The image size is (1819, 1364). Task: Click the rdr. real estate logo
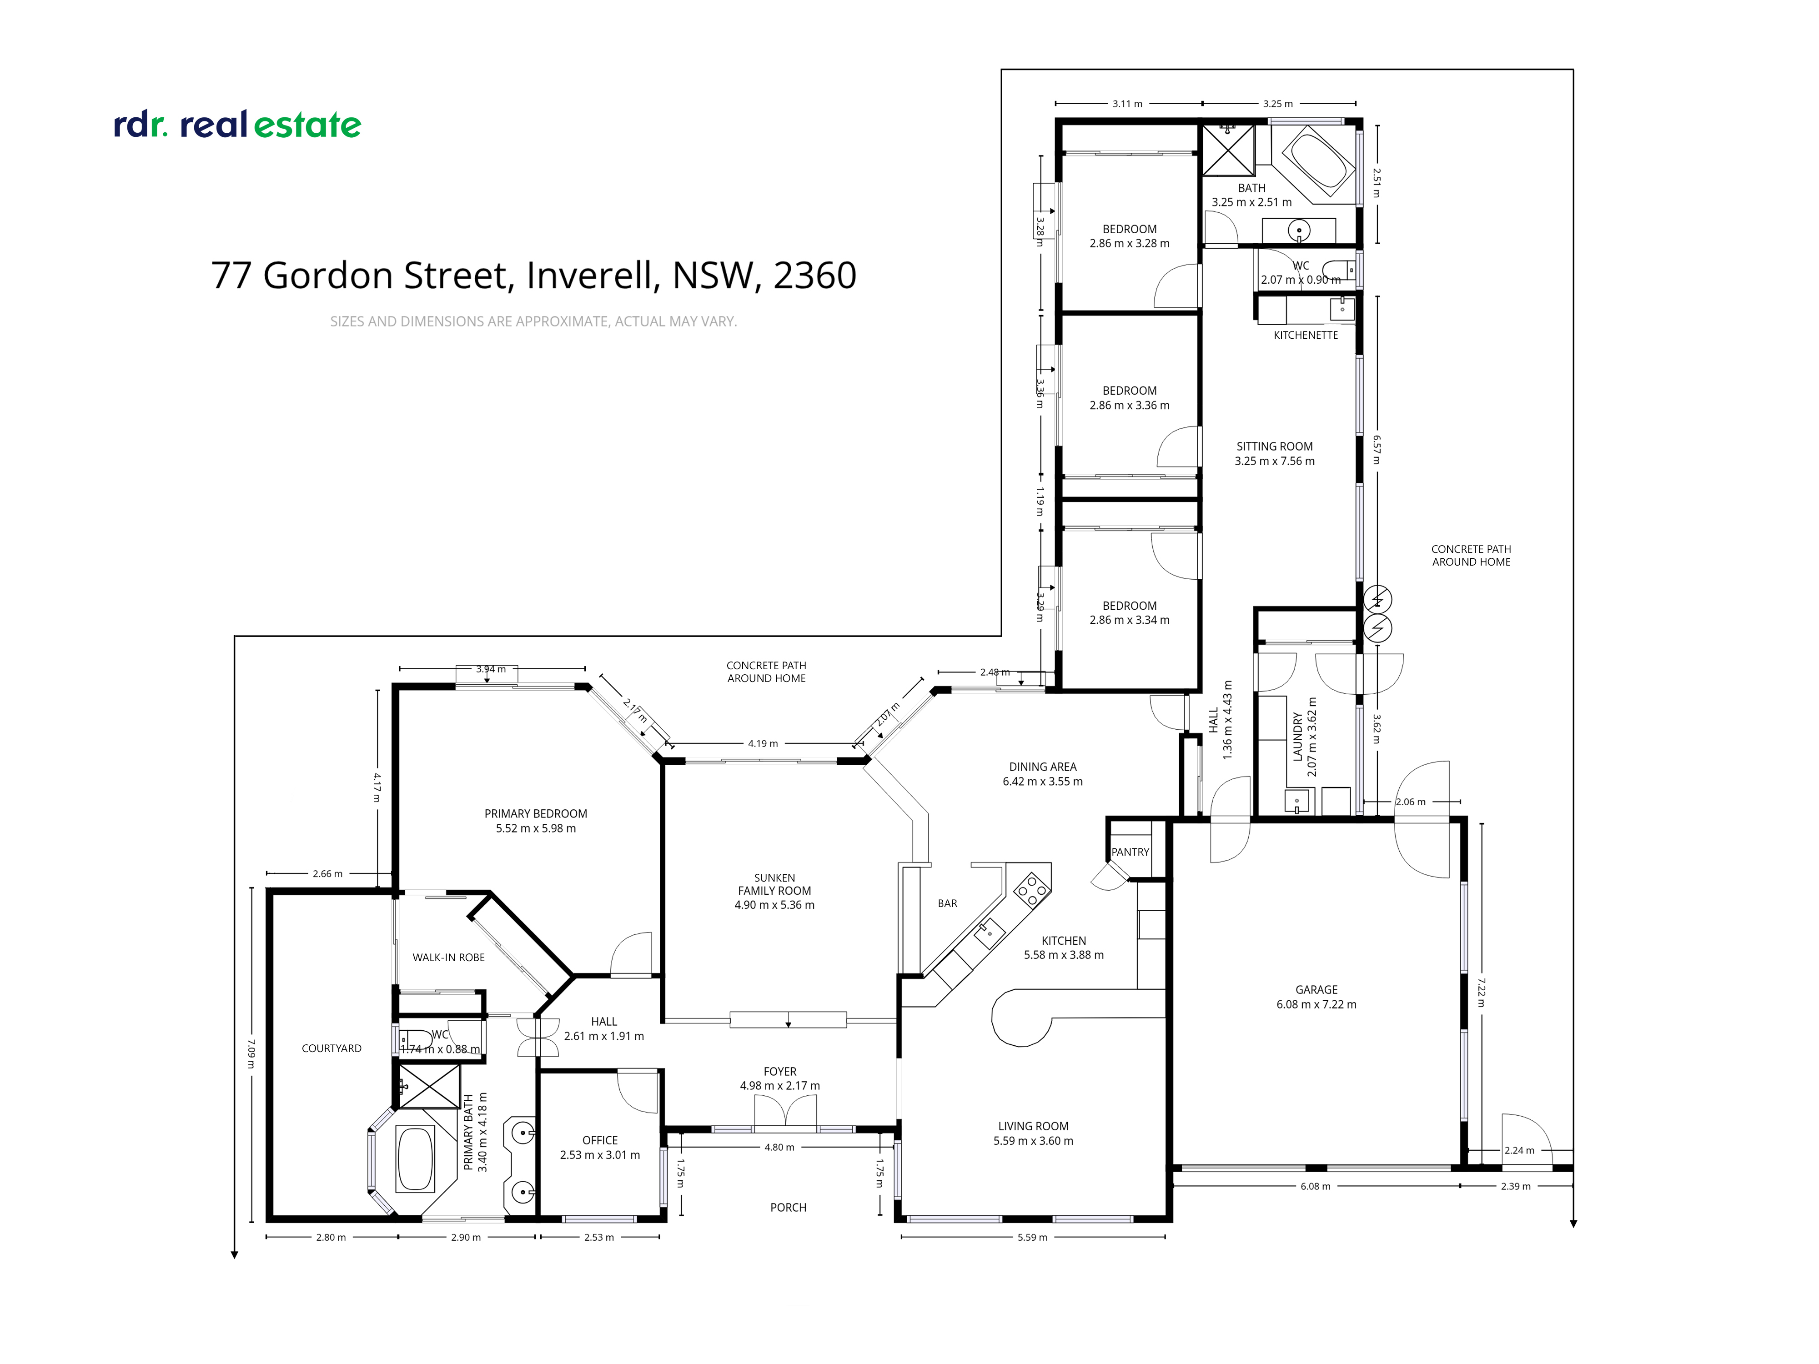click(237, 125)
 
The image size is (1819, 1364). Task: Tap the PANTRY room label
click(1130, 852)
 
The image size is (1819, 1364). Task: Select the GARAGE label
click(1316, 990)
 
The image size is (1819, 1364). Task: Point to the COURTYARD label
click(332, 1048)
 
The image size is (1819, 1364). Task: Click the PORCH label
click(788, 1208)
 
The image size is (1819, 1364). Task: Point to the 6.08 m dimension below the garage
click(1315, 1186)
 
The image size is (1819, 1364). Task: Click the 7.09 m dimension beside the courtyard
click(251, 1053)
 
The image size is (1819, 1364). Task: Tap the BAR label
click(947, 903)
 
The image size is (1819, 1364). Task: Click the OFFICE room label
click(599, 1140)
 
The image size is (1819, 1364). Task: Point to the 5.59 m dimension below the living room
click(1032, 1238)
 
